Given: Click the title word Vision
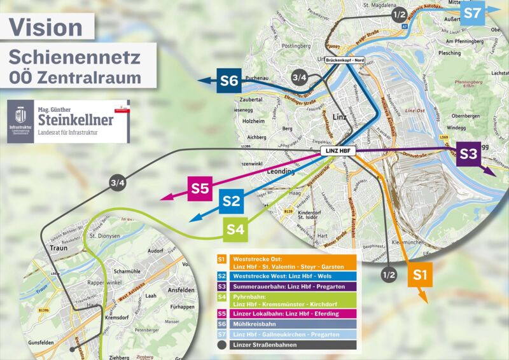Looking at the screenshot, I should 46,27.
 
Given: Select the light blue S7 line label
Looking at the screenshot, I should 473,13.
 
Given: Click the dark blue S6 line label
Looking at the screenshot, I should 229,81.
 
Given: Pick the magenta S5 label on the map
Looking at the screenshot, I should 200,188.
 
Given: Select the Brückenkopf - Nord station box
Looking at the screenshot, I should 347,60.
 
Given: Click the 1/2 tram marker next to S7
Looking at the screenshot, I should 400,14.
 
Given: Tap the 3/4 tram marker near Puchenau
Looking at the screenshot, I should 300,78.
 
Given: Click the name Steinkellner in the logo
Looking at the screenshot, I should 76,120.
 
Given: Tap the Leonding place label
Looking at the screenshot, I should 281,172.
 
